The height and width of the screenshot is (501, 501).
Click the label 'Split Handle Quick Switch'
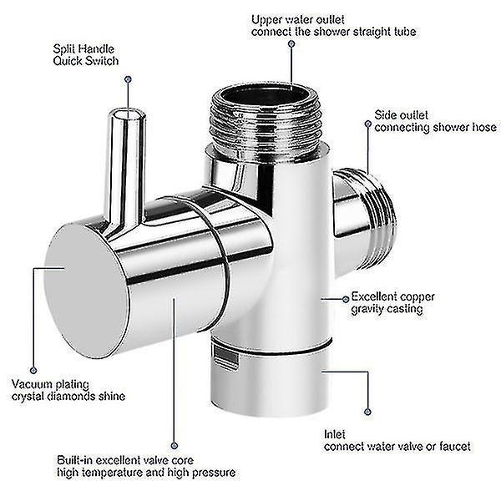tap(86, 55)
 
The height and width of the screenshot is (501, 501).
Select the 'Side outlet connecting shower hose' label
tap(435, 121)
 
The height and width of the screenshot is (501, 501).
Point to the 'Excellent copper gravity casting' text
tap(392, 303)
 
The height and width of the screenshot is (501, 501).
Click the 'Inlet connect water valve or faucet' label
tap(397, 441)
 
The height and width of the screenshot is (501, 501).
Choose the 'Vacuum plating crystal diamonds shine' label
tap(68, 390)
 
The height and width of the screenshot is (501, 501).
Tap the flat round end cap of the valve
tap(86, 291)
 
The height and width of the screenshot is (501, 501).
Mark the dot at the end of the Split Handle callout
tap(128, 79)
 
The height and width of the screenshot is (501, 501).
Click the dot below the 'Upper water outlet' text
tap(291, 43)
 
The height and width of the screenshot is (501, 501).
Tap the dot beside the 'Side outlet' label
tap(368, 124)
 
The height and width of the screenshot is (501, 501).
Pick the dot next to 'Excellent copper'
tap(346, 300)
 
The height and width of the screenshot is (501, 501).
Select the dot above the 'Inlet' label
tap(367, 412)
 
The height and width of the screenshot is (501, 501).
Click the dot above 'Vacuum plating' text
tap(33, 370)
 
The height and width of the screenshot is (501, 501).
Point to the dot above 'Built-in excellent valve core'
tap(175, 446)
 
